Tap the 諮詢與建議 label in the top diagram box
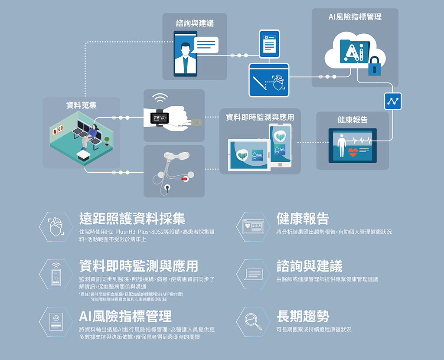(195, 23)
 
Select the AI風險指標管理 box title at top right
(355, 17)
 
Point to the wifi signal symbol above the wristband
(160, 98)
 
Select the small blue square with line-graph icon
(393, 101)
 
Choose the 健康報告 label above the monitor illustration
(353, 120)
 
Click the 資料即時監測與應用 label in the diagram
(260, 117)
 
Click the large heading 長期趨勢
(303, 316)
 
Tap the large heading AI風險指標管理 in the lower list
(125, 316)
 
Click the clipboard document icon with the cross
(269, 43)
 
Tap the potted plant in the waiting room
(107, 141)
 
